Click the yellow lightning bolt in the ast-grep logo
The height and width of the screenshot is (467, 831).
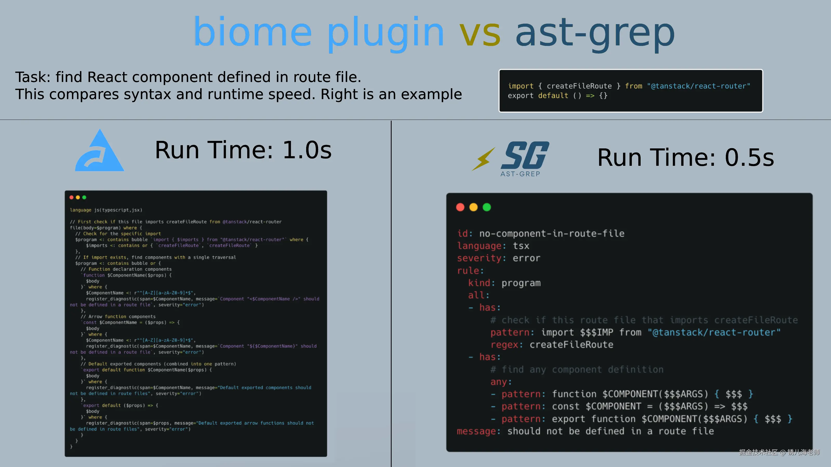(483, 159)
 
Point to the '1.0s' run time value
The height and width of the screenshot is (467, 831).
(307, 150)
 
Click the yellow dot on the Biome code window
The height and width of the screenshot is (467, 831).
(78, 197)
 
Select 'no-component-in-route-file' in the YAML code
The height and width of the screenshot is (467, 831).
(552, 233)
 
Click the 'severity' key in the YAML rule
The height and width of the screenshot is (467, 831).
(479, 258)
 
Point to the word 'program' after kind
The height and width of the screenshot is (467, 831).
(521, 283)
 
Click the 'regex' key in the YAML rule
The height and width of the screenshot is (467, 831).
(504, 345)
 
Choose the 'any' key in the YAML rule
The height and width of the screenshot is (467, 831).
(499, 382)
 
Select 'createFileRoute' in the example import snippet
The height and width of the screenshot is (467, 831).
(579, 86)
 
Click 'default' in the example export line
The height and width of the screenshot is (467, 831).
(553, 96)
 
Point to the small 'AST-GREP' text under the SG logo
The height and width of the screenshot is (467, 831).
(520, 174)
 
